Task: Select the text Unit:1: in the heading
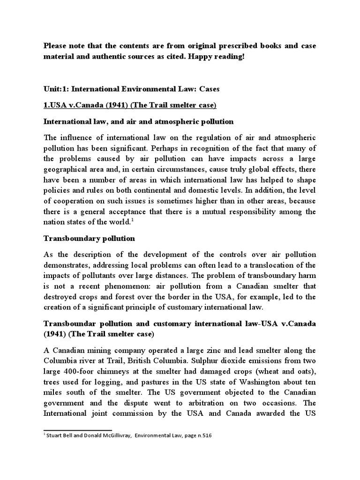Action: click(56, 89)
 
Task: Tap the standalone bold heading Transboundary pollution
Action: click(89, 239)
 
